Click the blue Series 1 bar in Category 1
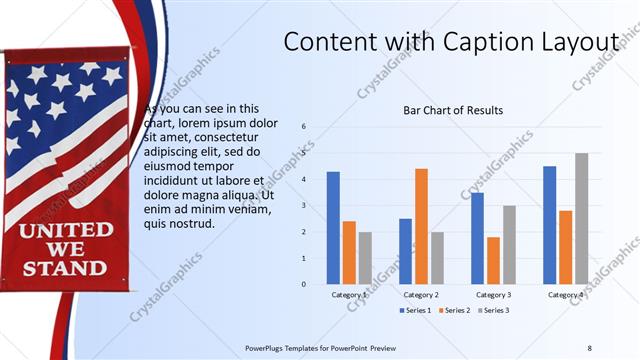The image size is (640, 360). point(333,228)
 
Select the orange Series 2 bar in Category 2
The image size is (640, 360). point(421,226)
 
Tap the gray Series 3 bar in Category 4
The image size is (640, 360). point(581,218)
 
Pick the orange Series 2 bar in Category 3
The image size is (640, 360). point(493,260)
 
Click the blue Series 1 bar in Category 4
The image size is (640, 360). point(549,225)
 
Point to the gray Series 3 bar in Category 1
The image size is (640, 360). point(365,258)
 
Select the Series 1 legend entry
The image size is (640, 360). point(417,311)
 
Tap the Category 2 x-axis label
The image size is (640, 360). point(421,295)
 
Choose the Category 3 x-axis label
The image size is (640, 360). point(493,295)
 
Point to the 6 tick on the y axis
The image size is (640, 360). point(304,127)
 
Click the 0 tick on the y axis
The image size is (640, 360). point(304,284)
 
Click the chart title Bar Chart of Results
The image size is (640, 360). point(453,110)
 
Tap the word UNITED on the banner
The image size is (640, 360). point(65,231)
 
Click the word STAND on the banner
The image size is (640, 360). point(65,268)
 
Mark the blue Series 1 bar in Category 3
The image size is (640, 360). point(477,238)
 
